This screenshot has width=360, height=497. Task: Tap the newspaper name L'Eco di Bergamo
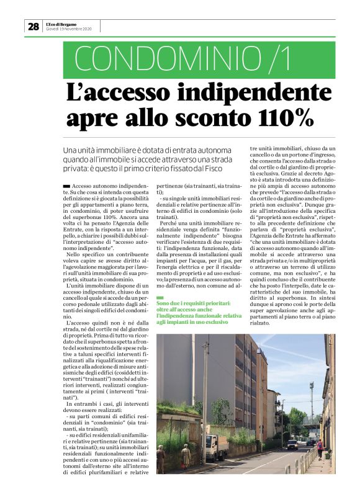[64, 23]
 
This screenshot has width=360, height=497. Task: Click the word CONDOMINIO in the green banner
[151, 60]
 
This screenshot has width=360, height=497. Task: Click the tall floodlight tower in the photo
[311, 397]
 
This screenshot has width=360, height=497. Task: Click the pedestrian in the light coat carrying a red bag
[186, 456]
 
